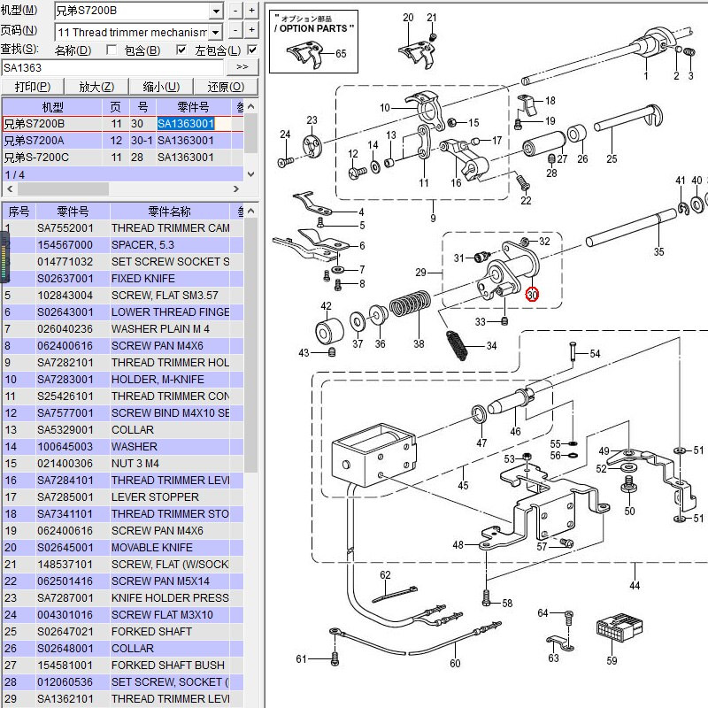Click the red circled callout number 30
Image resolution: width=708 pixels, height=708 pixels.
531,295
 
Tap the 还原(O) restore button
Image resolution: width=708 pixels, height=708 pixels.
225,87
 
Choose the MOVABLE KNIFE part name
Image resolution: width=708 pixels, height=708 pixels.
151,548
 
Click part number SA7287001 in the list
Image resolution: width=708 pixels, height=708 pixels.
71,598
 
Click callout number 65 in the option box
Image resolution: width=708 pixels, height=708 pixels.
341,55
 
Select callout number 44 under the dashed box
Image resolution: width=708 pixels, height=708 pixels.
634,586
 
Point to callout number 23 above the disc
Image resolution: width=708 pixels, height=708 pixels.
312,120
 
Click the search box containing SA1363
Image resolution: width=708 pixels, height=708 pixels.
115,67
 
